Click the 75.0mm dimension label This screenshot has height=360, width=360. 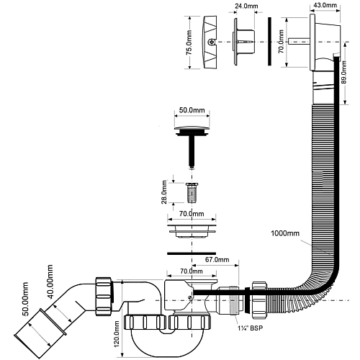189,42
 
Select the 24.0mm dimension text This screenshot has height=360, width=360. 246,6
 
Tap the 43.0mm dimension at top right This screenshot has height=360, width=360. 325,5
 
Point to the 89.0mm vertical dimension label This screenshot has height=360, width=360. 343,72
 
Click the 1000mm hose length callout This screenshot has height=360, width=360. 285,233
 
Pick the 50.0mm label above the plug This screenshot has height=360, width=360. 192,110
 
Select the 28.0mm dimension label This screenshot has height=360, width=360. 164,192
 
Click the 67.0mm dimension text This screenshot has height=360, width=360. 217,259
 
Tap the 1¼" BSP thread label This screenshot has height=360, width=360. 251,328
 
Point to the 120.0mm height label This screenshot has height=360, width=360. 117,334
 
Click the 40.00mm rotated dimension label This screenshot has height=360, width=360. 50,282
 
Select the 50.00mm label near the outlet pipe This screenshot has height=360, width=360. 25,299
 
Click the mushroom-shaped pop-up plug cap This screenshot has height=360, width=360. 192,131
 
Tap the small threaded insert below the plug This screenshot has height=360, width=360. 192,193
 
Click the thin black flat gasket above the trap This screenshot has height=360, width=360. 192,253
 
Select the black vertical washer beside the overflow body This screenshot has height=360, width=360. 269,41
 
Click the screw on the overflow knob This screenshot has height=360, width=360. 211,42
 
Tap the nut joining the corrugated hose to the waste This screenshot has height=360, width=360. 259,300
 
